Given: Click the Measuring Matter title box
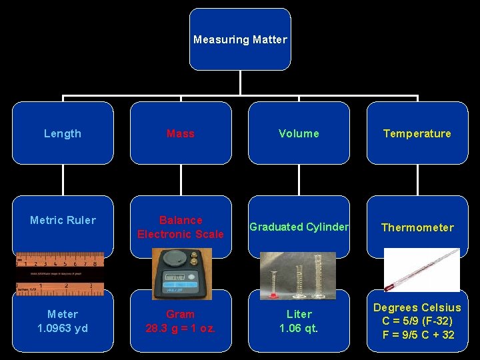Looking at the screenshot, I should pyautogui.click(x=240, y=39).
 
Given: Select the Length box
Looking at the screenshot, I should pyautogui.click(x=63, y=133).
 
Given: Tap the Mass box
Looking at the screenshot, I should pyautogui.click(x=181, y=133).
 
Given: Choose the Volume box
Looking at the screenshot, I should pyautogui.click(x=299, y=133).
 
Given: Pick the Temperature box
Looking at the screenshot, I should pyautogui.click(x=417, y=133).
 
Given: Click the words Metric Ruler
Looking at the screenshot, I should pyautogui.click(x=63, y=220).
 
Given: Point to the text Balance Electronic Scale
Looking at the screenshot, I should pyautogui.click(x=181, y=227).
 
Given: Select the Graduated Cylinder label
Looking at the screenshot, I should pyautogui.click(x=299, y=227).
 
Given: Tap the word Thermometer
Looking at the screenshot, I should pyautogui.click(x=417, y=227).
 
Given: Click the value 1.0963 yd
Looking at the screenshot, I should pyautogui.click(x=63, y=328).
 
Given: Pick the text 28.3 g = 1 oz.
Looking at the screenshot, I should pyautogui.click(x=181, y=328).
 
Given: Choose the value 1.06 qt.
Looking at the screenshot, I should pyautogui.click(x=299, y=328).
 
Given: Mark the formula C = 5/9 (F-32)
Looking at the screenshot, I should pyautogui.click(x=417, y=321).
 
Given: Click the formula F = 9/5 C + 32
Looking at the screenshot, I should pyautogui.click(x=417, y=335).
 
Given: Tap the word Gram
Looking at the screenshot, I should pyautogui.click(x=181, y=314).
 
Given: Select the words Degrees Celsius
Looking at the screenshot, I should pyautogui.click(x=417, y=307).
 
